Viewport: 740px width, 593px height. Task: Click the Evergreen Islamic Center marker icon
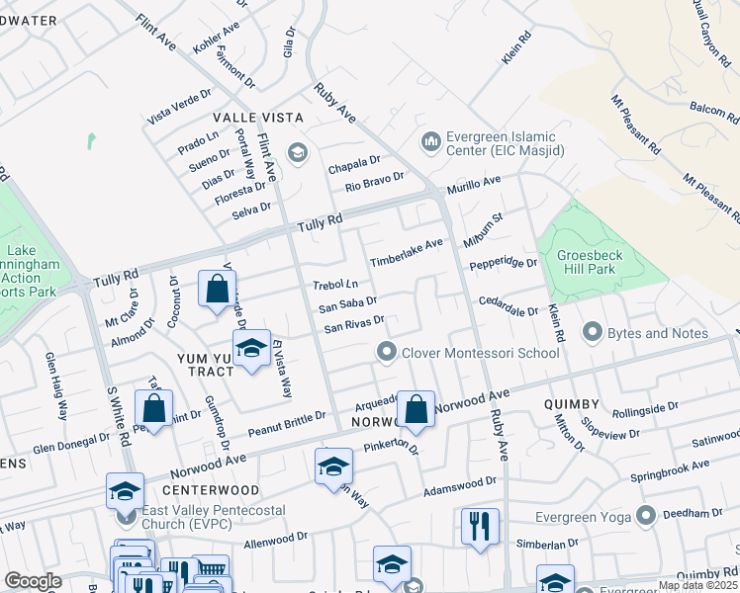(x=430, y=142)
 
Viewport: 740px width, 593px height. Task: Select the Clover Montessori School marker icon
(x=386, y=352)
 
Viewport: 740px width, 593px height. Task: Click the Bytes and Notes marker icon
(x=593, y=333)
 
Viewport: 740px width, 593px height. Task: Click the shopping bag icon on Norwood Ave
(x=416, y=407)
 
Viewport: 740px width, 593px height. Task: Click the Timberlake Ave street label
(x=406, y=252)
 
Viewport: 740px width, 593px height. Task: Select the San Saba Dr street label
(x=347, y=303)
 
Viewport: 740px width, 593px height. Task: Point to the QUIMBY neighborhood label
(x=571, y=404)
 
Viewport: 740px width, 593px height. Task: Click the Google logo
(x=34, y=581)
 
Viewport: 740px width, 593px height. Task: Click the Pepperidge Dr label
(x=503, y=264)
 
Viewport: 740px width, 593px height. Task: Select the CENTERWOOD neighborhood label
(x=197, y=490)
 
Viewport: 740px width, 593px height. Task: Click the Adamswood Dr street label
(x=459, y=485)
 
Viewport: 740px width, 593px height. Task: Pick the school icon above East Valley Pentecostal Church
(x=126, y=488)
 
